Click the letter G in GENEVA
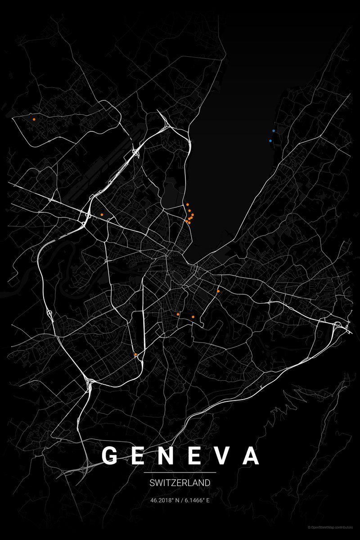pyautogui.click(x=110, y=455)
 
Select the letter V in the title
pyautogui.click(x=224, y=455)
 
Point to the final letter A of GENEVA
pyautogui.click(x=251, y=455)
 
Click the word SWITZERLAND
pyautogui.click(x=180, y=483)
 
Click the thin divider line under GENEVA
pyautogui.click(x=180, y=472)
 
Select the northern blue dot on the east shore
pyautogui.click(x=274, y=130)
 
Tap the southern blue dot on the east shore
pyautogui.click(x=270, y=141)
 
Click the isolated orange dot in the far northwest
pyautogui.click(x=34, y=119)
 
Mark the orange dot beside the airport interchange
pyautogui.click(x=103, y=214)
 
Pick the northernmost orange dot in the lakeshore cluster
pyautogui.click(x=187, y=204)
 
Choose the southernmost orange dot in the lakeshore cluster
pyautogui.click(x=189, y=223)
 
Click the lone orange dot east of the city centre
pyautogui.click(x=218, y=291)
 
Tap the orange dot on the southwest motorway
pyautogui.click(x=135, y=355)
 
